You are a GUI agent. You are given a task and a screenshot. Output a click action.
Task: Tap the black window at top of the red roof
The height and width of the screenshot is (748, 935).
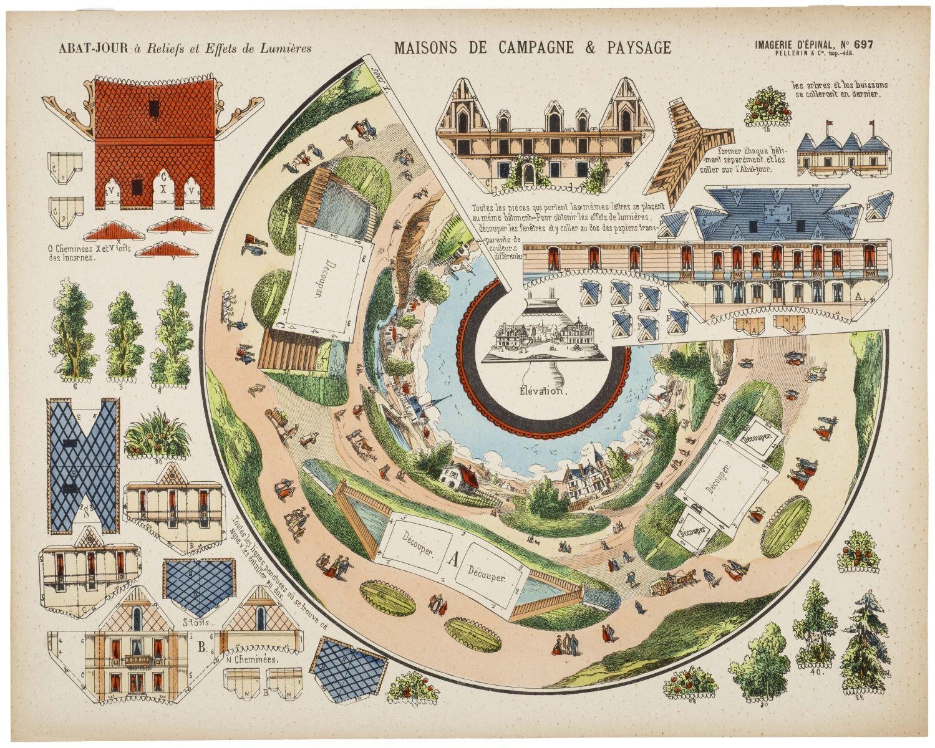click(x=151, y=109)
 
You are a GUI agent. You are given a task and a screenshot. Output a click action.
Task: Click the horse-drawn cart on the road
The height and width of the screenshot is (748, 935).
click(x=671, y=584)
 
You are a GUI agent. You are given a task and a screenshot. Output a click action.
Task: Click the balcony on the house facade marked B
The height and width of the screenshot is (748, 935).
click(x=138, y=659)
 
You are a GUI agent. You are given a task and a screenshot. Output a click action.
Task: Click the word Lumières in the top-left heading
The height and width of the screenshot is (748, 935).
click(x=284, y=47)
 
